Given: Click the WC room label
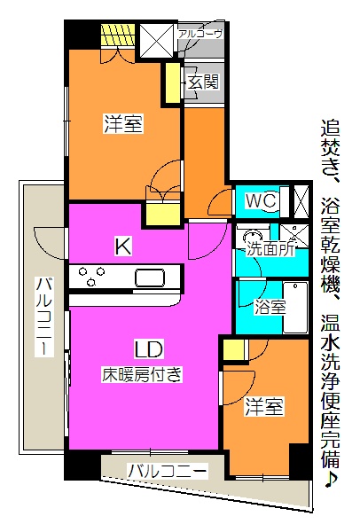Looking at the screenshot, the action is point(261,200).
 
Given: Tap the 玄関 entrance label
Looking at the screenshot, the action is point(203,82).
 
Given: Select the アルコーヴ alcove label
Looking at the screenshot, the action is point(200,34).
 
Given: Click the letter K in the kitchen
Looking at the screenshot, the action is point(122,246).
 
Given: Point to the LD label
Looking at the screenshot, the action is point(149,349).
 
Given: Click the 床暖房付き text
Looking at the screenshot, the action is point(142,374).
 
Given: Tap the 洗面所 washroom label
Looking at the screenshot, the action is point(270,250).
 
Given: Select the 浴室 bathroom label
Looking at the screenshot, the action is point(270,308).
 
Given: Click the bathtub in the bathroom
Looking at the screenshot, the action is point(295,307).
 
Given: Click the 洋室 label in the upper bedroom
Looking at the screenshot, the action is point(123,123).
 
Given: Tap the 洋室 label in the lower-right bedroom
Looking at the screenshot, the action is point(264,407).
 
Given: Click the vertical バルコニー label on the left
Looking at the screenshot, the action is point(44,317).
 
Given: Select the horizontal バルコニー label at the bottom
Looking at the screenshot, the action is point(168,471).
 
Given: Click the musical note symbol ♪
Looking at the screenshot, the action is point(331,479).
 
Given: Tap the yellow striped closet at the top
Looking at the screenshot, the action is point(118,35).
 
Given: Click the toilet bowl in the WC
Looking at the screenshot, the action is point(273,202).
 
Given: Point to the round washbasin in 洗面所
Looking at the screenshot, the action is point(253,236).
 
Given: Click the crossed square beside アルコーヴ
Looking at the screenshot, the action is point(157,39).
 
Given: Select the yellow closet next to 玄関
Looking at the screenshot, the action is point(173,83).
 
